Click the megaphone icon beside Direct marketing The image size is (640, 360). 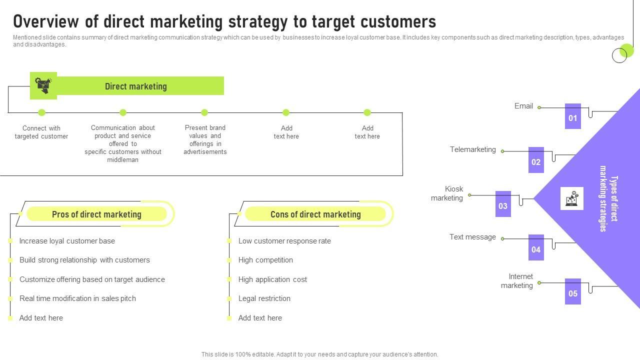pyautogui.click(x=43, y=85)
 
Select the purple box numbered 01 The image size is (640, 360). pyautogui.click(x=572, y=116)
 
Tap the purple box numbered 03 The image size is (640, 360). pyautogui.click(x=503, y=204)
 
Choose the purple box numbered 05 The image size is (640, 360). pyautogui.click(x=572, y=291)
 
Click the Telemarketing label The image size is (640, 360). pyautogui.click(x=472, y=149)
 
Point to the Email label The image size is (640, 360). pyautogui.click(x=523, y=106)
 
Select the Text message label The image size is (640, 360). pyautogui.click(x=472, y=237)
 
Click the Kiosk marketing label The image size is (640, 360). pyautogui.click(x=447, y=193)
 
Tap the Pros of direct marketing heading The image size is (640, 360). pyautogui.click(x=96, y=214)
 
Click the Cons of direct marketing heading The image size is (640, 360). pyautogui.click(x=315, y=214)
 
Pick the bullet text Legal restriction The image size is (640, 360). pyautogui.click(x=264, y=298)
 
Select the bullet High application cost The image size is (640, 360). pyautogui.click(x=272, y=279)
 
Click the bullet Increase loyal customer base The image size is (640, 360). pyautogui.click(x=67, y=241)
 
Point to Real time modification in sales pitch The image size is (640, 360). pyautogui.click(x=77, y=298)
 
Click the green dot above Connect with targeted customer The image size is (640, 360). pyautogui.click(x=41, y=112)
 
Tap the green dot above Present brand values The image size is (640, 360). pyautogui.click(x=204, y=112)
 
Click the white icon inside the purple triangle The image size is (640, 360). pyautogui.click(x=572, y=198)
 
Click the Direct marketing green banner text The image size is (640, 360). pyautogui.click(x=135, y=86)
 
